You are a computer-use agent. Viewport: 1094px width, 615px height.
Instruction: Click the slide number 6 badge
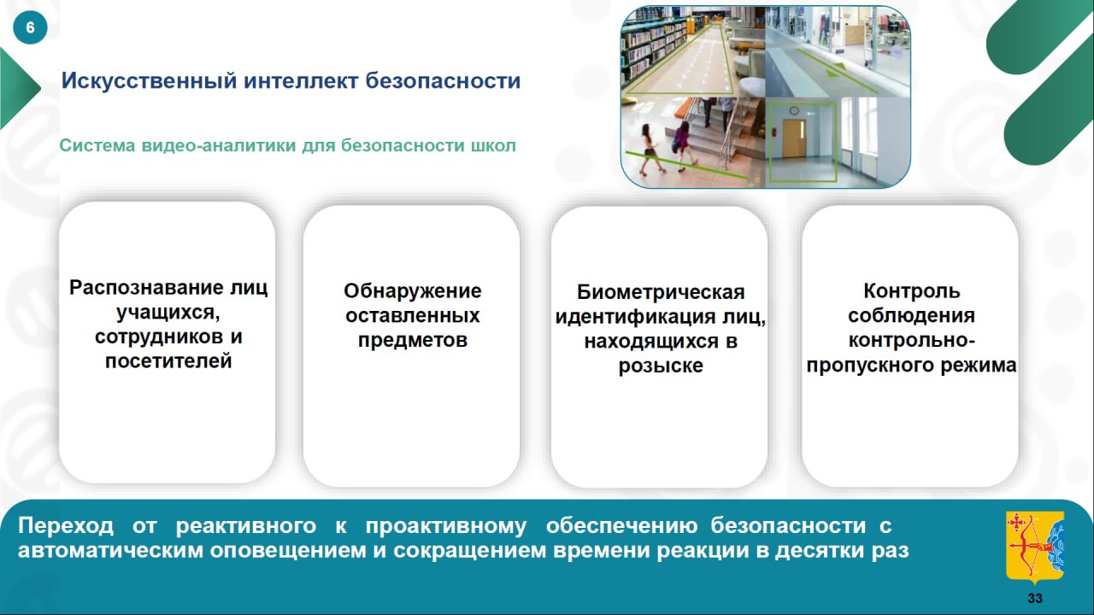click(30, 27)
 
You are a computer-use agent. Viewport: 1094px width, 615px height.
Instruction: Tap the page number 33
click(1035, 598)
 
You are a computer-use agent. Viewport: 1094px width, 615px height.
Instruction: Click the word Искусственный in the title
click(149, 81)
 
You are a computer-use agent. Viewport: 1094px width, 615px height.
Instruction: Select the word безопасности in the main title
click(443, 81)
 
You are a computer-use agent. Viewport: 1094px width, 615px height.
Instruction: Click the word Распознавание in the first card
click(146, 288)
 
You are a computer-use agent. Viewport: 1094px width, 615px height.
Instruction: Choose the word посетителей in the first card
click(168, 361)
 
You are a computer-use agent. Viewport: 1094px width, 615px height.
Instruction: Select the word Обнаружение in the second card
click(412, 291)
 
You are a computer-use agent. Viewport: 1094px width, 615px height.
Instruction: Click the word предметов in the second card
click(412, 340)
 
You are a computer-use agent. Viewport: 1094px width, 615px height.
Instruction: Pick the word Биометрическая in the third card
click(661, 292)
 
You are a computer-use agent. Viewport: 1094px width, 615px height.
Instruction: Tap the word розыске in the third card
click(661, 366)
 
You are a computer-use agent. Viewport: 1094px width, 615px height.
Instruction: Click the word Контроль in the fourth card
click(911, 291)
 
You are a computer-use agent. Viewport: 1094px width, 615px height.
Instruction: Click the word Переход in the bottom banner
click(66, 526)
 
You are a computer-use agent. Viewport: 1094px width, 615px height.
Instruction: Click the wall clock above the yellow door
click(794, 111)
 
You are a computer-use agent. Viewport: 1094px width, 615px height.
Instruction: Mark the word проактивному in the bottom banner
click(446, 526)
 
